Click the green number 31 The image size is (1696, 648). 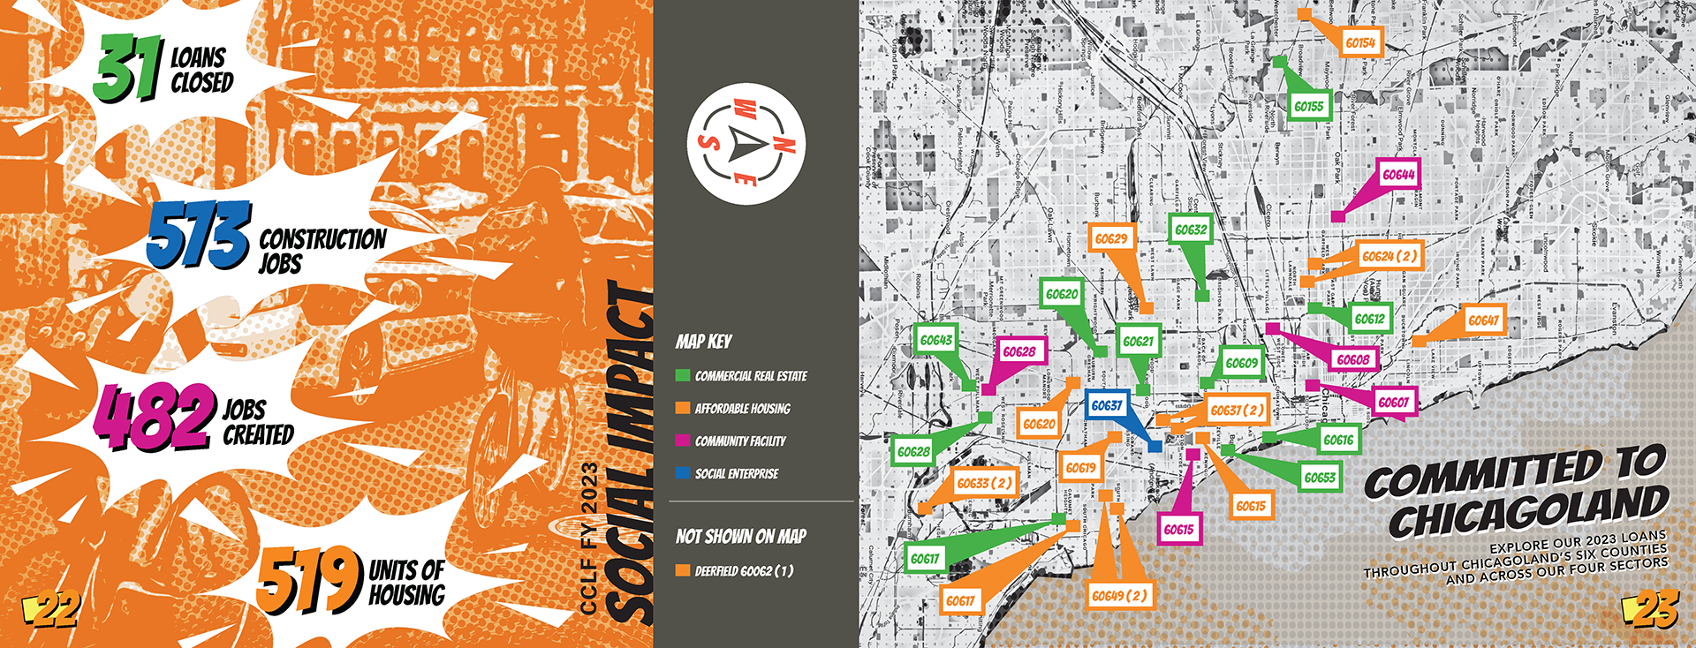click(x=129, y=68)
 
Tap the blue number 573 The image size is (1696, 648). click(x=198, y=234)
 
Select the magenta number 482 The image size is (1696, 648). click(x=155, y=415)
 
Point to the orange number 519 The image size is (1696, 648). click(x=309, y=578)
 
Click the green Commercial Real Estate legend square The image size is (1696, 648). click(x=682, y=375)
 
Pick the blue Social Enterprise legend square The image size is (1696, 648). click(x=682, y=473)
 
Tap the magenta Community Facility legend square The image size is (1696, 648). click(x=682, y=441)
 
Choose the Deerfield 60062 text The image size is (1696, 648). click(x=744, y=571)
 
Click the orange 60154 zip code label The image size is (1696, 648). click(x=1360, y=42)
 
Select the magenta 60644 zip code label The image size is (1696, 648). click(x=1398, y=175)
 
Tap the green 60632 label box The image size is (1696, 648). click(x=1190, y=230)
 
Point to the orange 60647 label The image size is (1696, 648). click(x=1483, y=320)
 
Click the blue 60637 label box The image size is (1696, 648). click(x=1106, y=405)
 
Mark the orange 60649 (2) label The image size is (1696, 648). click(x=1119, y=596)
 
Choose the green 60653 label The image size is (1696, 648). click(x=1320, y=478)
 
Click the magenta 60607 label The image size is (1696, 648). click(x=1393, y=403)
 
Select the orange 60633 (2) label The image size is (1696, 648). click(x=984, y=483)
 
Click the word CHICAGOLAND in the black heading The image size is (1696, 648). click(x=1527, y=511)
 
